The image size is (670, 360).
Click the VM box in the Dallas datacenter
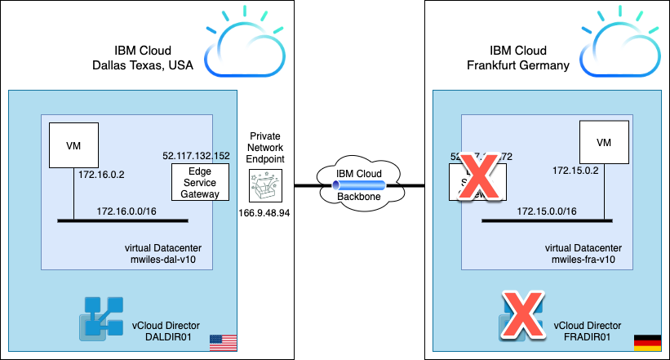73,146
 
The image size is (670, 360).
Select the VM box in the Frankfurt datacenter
604,142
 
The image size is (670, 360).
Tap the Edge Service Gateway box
200,182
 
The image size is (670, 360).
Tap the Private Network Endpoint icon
267,185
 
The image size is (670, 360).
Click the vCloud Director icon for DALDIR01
100,317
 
